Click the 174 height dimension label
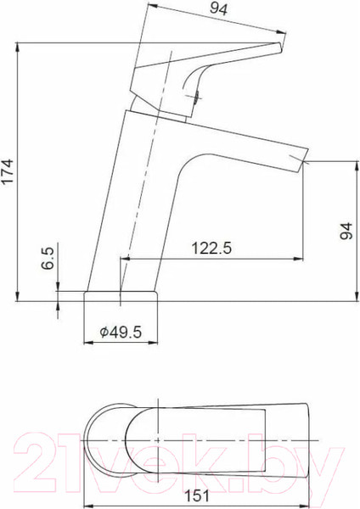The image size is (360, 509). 8,171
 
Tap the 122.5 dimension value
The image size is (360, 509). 211,248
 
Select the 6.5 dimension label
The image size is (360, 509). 48,258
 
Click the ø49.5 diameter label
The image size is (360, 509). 121,332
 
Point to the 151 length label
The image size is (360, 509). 197,495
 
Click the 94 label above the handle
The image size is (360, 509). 219,8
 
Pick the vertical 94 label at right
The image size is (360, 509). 346,231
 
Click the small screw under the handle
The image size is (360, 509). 197,97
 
